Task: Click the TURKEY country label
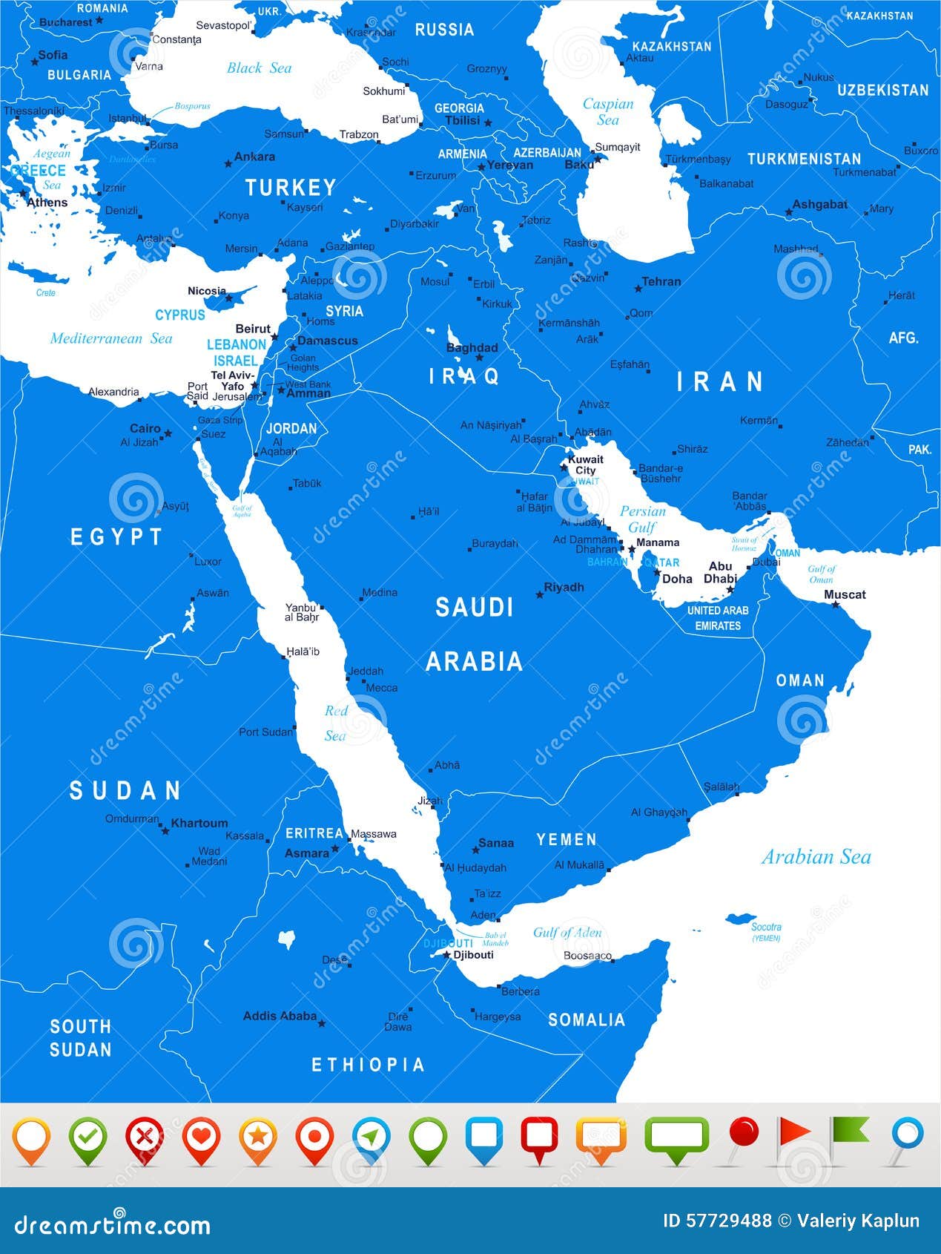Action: [x=291, y=188]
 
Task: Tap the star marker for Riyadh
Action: [x=540, y=595]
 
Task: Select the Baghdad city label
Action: [x=472, y=347]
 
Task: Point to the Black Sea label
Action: [x=259, y=68]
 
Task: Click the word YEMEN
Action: [x=567, y=839]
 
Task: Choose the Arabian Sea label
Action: [x=816, y=857]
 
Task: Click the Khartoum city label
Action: [x=199, y=823]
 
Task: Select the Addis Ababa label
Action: [x=280, y=1016]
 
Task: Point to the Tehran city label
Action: [x=661, y=281]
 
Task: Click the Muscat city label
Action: [x=845, y=594]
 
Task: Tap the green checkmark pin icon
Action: [x=88, y=1138]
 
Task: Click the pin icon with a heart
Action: [x=201, y=1138]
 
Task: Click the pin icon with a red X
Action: [x=145, y=1138]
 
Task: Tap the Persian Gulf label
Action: [x=642, y=519]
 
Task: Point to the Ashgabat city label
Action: [x=819, y=204]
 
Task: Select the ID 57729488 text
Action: [x=716, y=1221]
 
